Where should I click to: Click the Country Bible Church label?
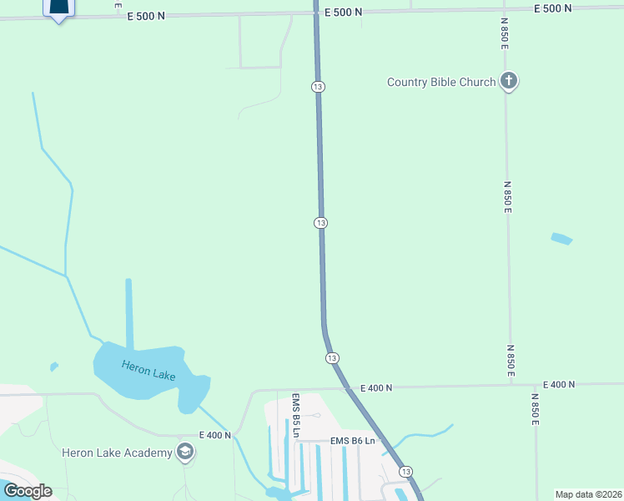(x=440, y=82)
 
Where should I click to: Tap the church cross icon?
(x=509, y=81)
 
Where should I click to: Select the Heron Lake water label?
(x=148, y=370)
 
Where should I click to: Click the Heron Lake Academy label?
(x=117, y=453)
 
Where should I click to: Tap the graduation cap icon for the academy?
(x=185, y=453)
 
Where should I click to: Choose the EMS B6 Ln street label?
(x=354, y=440)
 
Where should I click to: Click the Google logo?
(x=28, y=490)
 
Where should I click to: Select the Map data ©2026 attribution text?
(x=587, y=494)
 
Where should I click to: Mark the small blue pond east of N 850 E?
(x=561, y=239)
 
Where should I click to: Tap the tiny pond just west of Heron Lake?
(x=54, y=366)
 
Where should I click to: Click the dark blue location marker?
(x=58, y=8)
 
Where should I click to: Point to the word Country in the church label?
(x=408, y=82)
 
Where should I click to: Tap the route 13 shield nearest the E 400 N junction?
(x=332, y=357)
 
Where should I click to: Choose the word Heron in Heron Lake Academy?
(x=78, y=453)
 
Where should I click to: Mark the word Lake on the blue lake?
(x=164, y=375)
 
